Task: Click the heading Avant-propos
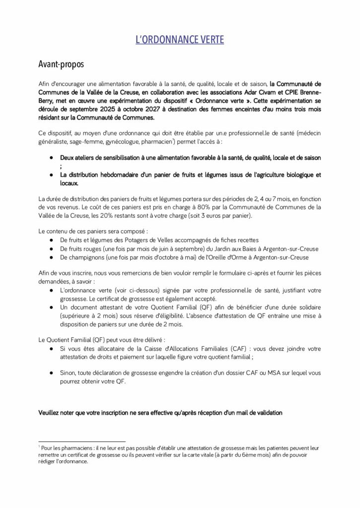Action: (61, 64)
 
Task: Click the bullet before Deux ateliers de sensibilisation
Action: (52, 157)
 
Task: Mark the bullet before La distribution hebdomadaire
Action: (52, 175)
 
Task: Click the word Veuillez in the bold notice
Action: (52, 412)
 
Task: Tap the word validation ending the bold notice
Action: (266, 412)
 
